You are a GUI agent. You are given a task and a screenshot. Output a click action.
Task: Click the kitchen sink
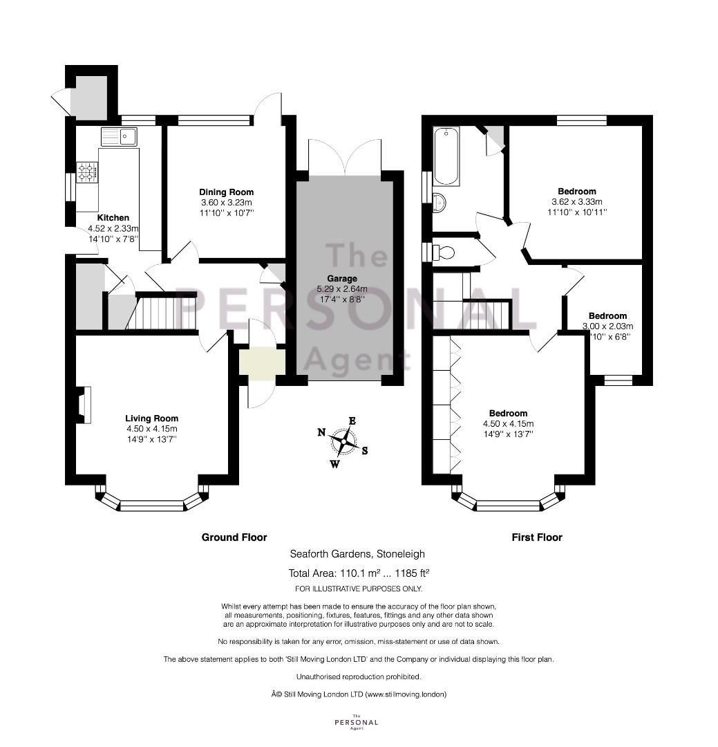(x=119, y=137)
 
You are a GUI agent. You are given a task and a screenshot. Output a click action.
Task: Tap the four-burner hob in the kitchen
(x=88, y=172)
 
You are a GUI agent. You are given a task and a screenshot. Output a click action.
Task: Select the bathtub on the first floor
(x=446, y=156)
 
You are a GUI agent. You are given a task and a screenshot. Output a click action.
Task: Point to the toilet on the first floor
(x=442, y=251)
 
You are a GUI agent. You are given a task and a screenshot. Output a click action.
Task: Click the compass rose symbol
(x=343, y=441)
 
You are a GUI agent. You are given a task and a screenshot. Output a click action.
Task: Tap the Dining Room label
(x=226, y=192)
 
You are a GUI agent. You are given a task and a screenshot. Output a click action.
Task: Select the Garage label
(x=342, y=278)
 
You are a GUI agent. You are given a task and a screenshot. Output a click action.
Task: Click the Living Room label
(x=152, y=418)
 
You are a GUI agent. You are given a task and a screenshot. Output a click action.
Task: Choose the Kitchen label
(x=113, y=218)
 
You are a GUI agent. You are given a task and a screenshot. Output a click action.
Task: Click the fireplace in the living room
(x=84, y=405)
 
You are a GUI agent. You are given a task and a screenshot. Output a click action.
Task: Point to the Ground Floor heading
(x=234, y=537)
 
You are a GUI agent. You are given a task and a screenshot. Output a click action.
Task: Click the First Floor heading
(x=537, y=537)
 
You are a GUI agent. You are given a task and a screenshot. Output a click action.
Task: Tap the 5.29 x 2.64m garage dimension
(x=342, y=288)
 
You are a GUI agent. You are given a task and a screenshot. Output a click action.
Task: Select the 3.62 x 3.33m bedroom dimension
(x=577, y=202)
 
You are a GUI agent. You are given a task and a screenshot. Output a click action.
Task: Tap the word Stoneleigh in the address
(x=401, y=554)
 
